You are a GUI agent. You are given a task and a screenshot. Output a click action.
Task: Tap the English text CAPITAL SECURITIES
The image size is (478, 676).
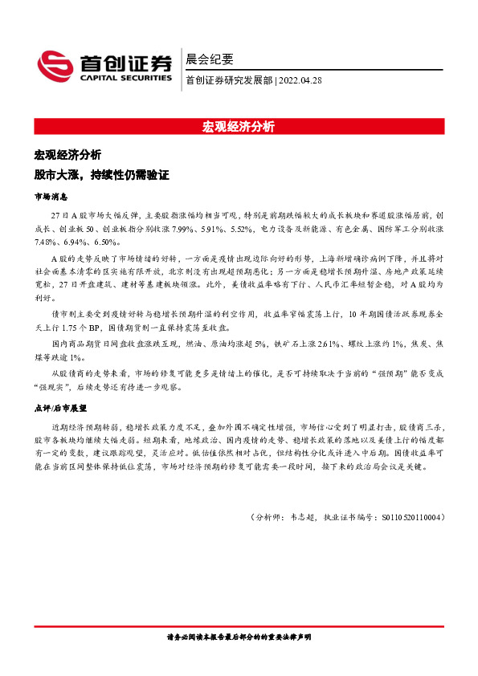click(x=125, y=78)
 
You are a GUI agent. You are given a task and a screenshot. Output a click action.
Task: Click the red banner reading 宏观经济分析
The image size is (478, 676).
click(x=239, y=126)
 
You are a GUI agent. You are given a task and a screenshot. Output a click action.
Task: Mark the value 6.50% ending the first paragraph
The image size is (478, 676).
click(x=107, y=242)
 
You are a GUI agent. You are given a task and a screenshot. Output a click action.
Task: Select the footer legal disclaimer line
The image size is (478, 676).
click(x=239, y=636)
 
